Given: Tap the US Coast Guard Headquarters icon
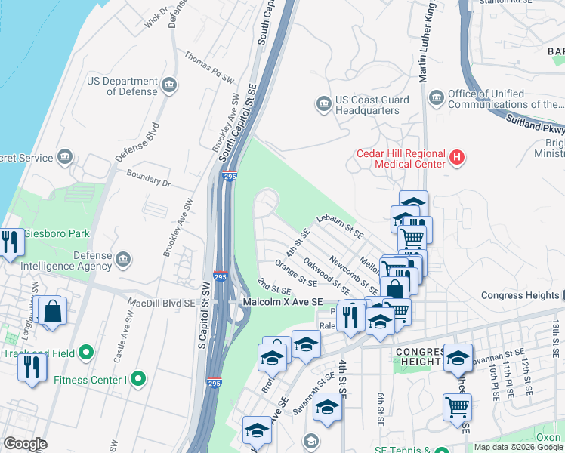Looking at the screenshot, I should pos(324,104).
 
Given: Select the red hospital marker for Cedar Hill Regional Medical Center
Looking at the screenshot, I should pos(456,158).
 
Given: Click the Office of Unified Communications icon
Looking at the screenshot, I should pos(436,98).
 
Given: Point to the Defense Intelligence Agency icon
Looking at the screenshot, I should pos(124,260).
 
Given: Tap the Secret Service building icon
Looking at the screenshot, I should pos(66,157).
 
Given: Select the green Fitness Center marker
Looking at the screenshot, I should pos(137,377).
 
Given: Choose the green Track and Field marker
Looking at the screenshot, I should pos(86,353).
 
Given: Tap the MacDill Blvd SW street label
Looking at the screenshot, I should pos(162,304).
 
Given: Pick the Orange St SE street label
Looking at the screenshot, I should pos(296,273).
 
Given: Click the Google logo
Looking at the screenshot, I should pos(25,443).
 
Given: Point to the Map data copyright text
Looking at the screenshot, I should pos(518,447).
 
